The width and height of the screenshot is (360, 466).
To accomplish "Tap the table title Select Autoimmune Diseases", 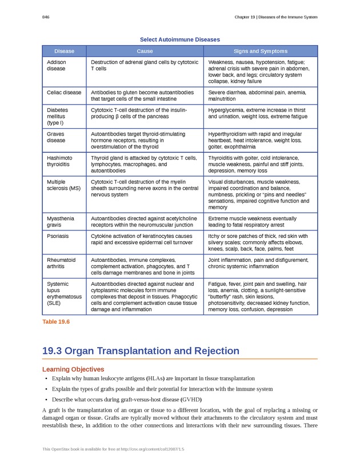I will tap(179, 39).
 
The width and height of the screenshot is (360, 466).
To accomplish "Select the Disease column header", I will tap(63, 51).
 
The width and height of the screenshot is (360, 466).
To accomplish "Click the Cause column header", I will tap(145, 51).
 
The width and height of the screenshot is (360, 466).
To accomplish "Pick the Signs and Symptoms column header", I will tap(260, 51).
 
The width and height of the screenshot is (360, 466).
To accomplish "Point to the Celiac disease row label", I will tap(64, 92).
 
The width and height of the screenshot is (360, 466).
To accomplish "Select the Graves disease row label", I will tap(56, 138).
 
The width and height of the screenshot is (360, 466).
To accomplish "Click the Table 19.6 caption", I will tap(55, 322).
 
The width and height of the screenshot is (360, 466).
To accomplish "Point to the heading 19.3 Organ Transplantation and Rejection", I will tap(141, 351).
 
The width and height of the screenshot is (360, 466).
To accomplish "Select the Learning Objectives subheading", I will tap(73, 369).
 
